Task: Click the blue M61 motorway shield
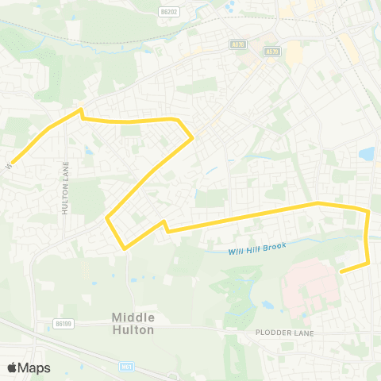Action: tap(127, 367)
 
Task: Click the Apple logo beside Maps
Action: tap(13, 368)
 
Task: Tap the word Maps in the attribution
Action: tap(35, 368)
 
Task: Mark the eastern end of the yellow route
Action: tap(341, 271)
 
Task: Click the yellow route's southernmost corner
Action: tap(125, 248)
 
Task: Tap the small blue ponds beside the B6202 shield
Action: tap(230, 9)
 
